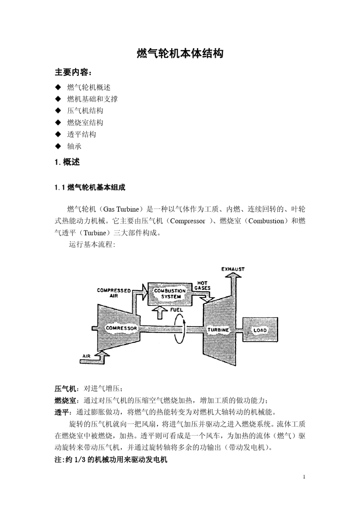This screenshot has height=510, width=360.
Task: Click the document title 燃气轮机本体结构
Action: click(180, 54)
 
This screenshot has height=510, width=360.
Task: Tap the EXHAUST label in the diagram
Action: click(233, 269)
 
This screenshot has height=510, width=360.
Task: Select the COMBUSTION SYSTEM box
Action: click(169, 293)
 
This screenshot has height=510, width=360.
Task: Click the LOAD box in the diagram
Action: click(260, 330)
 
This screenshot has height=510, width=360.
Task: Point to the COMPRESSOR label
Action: click(121, 328)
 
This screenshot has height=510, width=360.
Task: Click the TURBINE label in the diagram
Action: click(218, 330)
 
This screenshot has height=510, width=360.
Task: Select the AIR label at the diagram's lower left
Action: click(86, 356)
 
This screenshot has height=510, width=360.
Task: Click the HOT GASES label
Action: click(202, 286)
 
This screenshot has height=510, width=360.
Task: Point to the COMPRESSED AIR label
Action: click(114, 293)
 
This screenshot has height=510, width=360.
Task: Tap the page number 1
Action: click(304, 477)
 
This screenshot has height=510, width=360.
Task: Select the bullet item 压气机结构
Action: click(85, 111)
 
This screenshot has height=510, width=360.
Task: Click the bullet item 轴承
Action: click(74, 146)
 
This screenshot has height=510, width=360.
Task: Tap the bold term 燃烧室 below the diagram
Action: click(65, 400)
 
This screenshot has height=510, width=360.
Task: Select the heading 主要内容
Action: click(73, 72)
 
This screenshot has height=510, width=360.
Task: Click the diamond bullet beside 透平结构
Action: click(58, 134)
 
